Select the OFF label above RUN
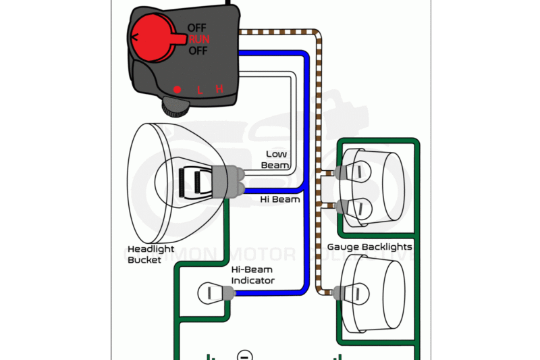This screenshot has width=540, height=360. (197, 28)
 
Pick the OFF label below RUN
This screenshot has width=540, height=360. (197, 51)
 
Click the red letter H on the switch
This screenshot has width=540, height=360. (219, 89)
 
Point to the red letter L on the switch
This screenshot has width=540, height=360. (200, 89)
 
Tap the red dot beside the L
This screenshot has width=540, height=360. (178, 89)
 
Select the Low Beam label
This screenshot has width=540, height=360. (277, 159)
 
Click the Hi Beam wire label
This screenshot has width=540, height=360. (280, 199)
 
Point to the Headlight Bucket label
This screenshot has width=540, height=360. (150, 253)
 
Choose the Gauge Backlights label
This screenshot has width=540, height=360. (369, 247)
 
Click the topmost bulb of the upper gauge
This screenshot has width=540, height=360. (356, 172)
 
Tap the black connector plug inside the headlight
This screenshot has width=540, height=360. (197, 181)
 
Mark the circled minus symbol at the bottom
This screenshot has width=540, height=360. (246, 355)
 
